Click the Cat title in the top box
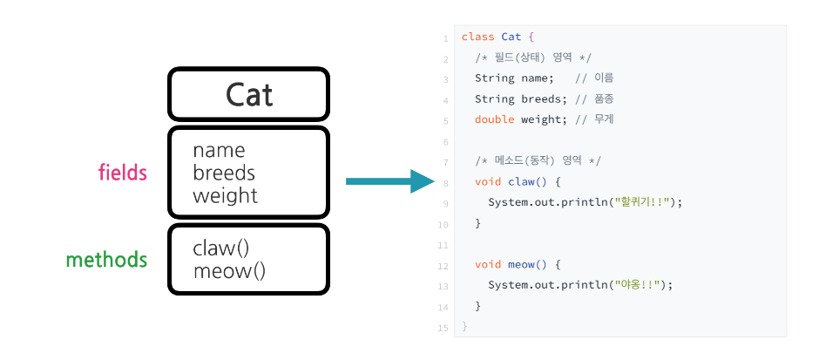[x=249, y=94]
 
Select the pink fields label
[x=122, y=173]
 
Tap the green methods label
[x=106, y=260]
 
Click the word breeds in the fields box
[x=224, y=173]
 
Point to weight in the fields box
[x=225, y=195]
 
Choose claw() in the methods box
[x=220, y=248]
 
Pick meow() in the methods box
[x=228, y=271]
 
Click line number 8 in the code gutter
[x=445, y=183]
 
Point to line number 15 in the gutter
[x=444, y=328]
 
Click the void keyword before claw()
[x=488, y=181]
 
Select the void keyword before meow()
[x=488, y=264]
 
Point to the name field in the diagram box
[x=219, y=150]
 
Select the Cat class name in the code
[x=511, y=37]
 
